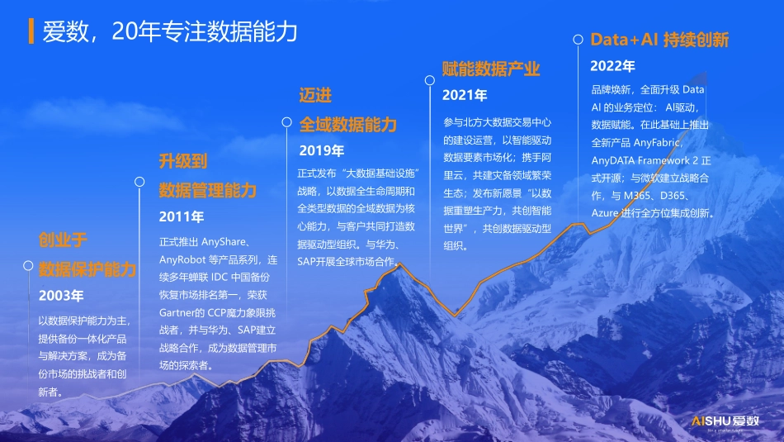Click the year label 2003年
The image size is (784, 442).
tap(61, 295)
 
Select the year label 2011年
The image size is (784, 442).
tap(182, 217)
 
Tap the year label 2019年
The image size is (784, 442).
tap(321, 150)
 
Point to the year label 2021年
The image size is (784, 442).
tap(465, 96)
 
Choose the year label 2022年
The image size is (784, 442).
tap(612, 66)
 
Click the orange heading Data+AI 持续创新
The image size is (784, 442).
tap(659, 40)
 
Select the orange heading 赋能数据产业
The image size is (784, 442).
tap(491, 69)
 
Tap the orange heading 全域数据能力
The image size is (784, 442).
tap(347, 125)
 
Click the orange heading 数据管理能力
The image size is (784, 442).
tap(208, 190)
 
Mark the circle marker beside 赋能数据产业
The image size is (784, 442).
tap(429, 80)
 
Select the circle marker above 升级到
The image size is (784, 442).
tap(139, 181)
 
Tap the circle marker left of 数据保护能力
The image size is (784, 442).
tap(28, 266)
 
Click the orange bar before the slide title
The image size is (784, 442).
tap(31, 31)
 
